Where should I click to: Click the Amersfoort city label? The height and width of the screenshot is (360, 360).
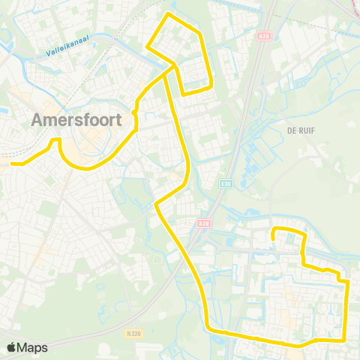coord(78,121)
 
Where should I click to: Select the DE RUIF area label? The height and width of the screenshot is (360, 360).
coord(299,130)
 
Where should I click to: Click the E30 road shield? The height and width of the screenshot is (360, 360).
coord(226,181)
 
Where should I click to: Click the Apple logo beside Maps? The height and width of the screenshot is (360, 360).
coord(12,347)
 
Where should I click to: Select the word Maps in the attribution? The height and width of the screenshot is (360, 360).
coord(33,347)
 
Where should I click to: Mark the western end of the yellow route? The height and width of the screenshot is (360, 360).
coord(12,163)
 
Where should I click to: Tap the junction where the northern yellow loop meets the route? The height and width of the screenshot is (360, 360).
coord(174,67)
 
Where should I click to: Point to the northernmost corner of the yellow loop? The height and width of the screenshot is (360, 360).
coord(168,14)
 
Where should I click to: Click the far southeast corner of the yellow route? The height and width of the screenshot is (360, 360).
coord(344,339)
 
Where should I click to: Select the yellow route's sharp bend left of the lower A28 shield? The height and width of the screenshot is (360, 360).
coord(155,203)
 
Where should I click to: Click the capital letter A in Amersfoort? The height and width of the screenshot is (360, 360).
coord(38,121)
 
